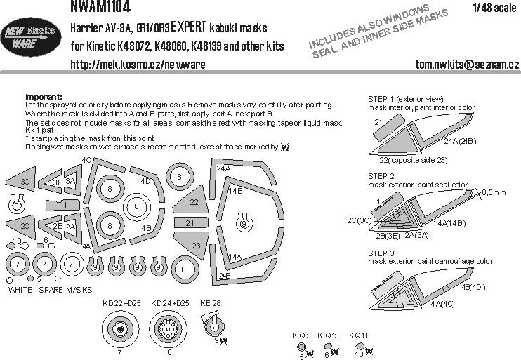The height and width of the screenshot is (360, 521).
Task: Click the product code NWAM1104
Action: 99,7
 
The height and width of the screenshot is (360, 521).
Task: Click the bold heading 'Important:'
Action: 43,96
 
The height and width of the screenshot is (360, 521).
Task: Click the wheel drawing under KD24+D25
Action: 171,330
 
